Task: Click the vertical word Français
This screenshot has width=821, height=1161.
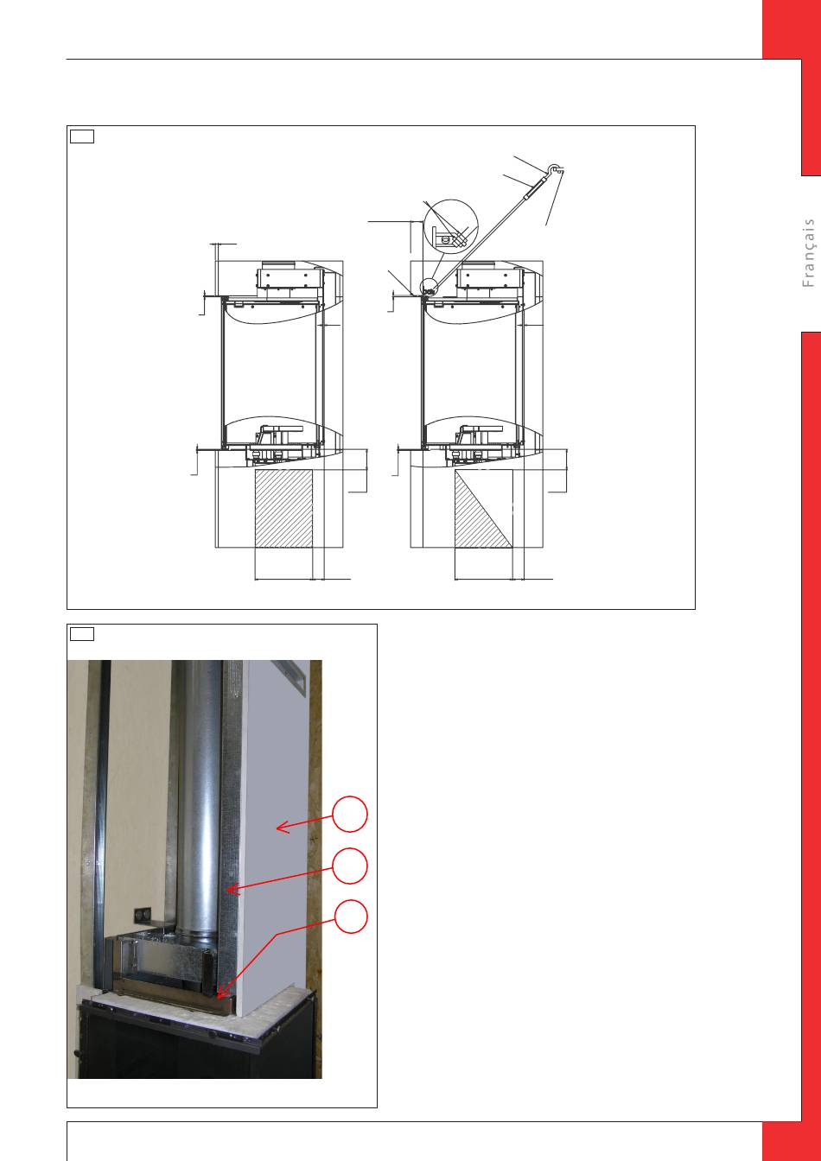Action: click(808, 253)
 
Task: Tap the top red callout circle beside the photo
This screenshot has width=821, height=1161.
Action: click(350, 815)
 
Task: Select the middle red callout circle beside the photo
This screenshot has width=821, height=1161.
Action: click(350, 866)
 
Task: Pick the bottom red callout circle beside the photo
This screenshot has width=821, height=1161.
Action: click(350, 917)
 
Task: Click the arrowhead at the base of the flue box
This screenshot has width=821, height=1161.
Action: click(221, 993)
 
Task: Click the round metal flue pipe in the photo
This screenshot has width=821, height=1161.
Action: click(198, 798)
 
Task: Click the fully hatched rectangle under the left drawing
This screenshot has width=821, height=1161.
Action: click(283, 509)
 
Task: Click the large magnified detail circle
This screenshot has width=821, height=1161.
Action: click(450, 225)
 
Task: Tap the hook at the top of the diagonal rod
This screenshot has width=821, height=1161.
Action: click(555, 168)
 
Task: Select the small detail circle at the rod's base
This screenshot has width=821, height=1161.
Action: click(429, 287)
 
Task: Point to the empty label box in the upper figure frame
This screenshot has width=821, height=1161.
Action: click(82, 136)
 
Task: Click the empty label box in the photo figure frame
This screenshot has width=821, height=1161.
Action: click(82, 634)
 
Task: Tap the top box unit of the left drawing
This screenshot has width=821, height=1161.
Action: click(287, 278)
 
